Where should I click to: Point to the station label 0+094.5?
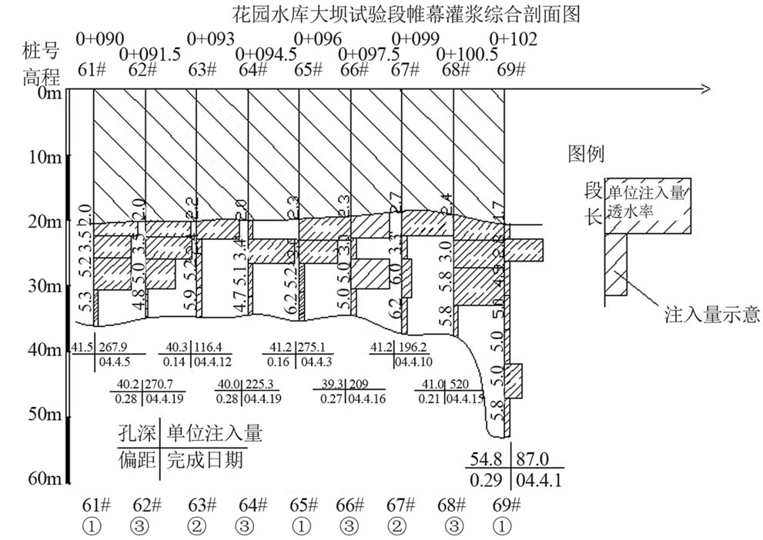(266, 54)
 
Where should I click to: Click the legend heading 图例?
(585, 153)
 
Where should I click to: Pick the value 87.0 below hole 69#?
(533, 460)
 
